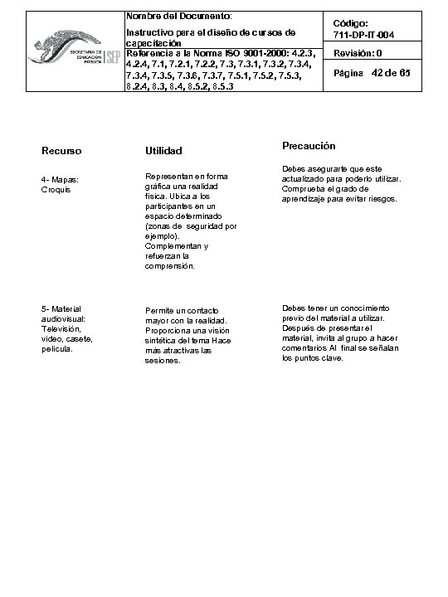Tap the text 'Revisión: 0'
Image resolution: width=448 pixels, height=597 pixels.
(358, 54)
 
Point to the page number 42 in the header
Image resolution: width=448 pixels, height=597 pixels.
(382, 74)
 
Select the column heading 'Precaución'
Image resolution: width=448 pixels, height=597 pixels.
(309, 146)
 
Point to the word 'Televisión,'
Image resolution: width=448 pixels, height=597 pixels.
(62, 329)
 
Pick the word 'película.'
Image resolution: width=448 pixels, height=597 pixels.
(57, 349)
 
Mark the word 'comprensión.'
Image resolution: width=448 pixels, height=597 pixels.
(170, 266)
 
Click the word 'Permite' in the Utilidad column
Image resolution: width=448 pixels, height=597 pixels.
(160, 311)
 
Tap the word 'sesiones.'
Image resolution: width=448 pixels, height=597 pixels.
(162, 361)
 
